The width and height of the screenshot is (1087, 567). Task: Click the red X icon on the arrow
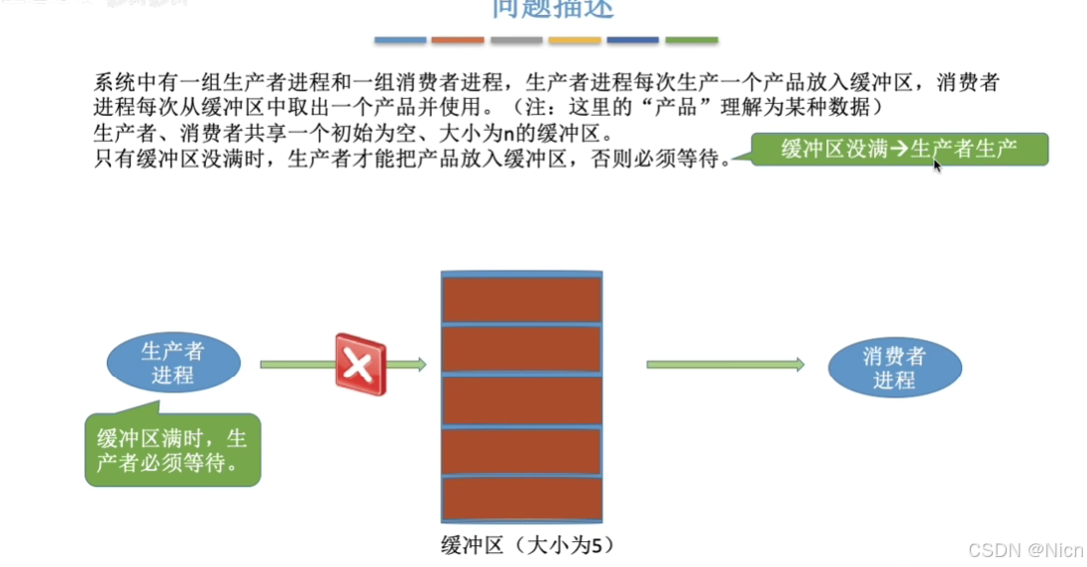360,365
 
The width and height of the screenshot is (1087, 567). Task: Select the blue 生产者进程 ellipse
172,363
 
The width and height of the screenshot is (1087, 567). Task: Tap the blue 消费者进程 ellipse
894,368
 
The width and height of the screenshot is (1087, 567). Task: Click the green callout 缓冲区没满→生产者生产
899,150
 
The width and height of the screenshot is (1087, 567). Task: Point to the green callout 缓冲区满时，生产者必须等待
172,451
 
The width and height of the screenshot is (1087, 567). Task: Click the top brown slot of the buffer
521,298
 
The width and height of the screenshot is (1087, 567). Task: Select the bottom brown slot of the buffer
521,498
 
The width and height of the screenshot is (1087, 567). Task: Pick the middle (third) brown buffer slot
521,400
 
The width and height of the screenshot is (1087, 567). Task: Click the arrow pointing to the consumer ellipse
725,365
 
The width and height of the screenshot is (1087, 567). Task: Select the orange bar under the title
458,41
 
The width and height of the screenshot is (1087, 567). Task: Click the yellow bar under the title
575,41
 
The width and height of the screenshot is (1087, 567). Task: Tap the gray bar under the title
516,41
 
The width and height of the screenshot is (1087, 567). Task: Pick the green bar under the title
692,41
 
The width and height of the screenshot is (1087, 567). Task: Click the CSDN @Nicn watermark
1026,549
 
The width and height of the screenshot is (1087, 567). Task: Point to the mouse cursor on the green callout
935,164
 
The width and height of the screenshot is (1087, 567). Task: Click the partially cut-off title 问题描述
553,9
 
